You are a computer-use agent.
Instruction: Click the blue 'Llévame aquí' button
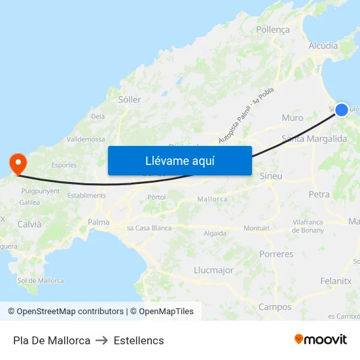click(179, 160)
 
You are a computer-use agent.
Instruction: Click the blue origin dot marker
click(342, 111)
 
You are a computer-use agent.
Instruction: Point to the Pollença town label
click(273, 29)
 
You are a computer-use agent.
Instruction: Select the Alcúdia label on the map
click(323, 46)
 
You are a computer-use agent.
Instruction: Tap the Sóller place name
click(130, 99)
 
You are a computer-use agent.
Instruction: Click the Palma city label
click(99, 223)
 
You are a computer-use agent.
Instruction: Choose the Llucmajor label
click(213, 270)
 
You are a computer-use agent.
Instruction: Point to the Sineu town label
click(271, 176)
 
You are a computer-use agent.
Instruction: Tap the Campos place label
click(275, 307)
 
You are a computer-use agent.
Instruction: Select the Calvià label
click(29, 224)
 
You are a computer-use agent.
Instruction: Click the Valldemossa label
click(86, 139)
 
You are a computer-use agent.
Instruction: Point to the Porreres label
click(276, 254)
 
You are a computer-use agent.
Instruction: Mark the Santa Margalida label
click(314, 139)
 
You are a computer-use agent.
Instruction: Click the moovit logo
click(320, 340)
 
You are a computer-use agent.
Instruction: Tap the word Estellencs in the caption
click(139, 340)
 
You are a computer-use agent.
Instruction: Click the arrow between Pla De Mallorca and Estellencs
click(102, 340)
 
